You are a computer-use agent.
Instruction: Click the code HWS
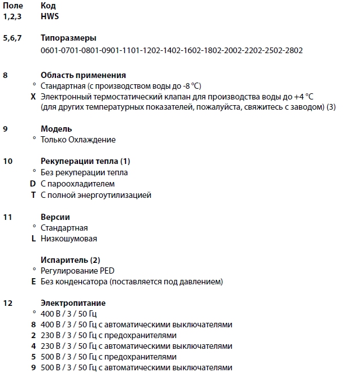pyautogui.click(x=50, y=16)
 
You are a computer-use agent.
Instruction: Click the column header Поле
pyautogui.click(x=13, y=6)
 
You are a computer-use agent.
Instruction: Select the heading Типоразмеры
pyautogui.click(x=68, y=38)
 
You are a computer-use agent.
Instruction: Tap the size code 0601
pyautogui.click(x=50, y=50)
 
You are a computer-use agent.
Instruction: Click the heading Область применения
pyautogui.click(x=83, y=75)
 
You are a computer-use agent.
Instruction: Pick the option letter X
pyautogui.click(x=33, y=97)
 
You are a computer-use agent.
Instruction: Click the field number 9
pyautogui.click(x=6, y=129)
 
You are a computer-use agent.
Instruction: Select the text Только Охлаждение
pyautogui.click(x=78, y=140)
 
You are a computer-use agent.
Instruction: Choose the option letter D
pyautogui.click(x=33, y=184)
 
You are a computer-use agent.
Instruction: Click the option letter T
pyautogui.click(x=33, y=195)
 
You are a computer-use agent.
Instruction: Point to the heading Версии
pyautogui.click(x=55, y=217)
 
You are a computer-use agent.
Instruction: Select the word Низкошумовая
pyautogui.click(x=68, y=239)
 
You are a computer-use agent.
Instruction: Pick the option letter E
pyautogui.click(x=33, y=282)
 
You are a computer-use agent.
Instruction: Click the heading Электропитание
pyautogui.click(x=73, y=303)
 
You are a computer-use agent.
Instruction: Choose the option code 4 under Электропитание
pyautogui.click(x=33, y=346)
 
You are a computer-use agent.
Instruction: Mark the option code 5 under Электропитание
pyautogui.click(x=33, y=357)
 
